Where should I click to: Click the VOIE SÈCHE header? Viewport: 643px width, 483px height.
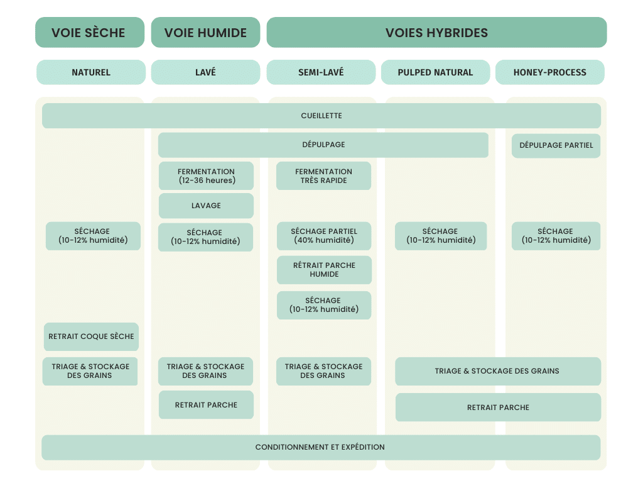(x=90, y=33)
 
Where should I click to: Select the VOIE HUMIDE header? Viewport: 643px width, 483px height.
(x=205, y=33)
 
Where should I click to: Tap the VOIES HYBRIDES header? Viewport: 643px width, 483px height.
(x=437, y=33)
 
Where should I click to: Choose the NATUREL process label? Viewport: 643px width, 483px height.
(x=91, y=72)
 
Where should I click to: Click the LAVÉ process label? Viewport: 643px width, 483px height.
(x=205, y=72)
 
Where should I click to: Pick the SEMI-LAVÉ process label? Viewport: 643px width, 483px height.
(x=321, y=72)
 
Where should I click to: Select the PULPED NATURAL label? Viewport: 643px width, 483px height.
(x=436, y=72)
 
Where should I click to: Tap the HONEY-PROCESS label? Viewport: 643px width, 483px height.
(x=550, y=72)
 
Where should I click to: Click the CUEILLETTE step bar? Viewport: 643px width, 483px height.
(x=321, y=116)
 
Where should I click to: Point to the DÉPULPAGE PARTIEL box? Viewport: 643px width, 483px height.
(x=556, y=145)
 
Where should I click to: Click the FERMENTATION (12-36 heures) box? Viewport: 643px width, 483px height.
(x=206, y=176)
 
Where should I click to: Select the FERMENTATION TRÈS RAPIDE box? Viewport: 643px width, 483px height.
(x=323, y=176)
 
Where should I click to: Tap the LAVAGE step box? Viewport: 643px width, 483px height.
(x=206, y=206)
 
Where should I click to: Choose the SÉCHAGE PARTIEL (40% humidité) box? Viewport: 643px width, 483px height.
(x=324, y=236)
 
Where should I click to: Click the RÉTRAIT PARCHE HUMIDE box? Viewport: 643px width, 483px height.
(x=325, y=270)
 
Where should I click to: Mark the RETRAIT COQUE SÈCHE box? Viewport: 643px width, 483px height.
(x=92, y=337)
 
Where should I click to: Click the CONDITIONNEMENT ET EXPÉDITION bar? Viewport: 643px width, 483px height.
(x=321, y=447)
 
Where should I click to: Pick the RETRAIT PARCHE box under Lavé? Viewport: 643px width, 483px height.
(x=206, y=405)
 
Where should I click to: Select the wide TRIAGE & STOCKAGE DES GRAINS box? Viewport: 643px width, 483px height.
(x=498, y=371)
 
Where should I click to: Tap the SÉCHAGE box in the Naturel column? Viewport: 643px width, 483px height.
(x=93, y=236)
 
